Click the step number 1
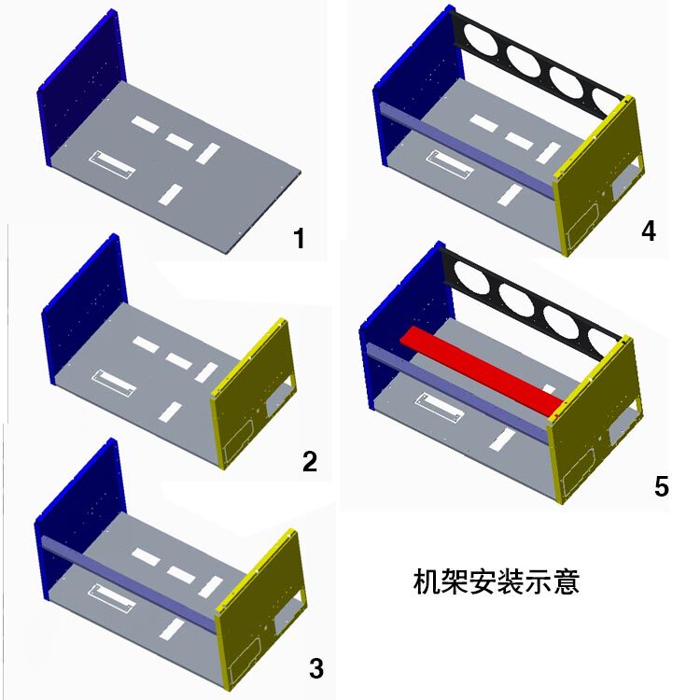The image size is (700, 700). pos(299,239)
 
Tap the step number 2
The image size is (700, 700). pos(310,460)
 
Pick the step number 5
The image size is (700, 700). pos(662,486)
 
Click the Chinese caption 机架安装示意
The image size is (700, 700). pos(497,582)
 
